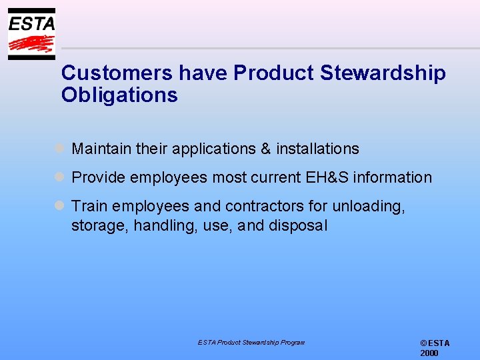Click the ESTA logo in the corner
(31, 34)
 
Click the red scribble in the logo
(31, 45)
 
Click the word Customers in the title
(111, 73)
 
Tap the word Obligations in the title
(119, 95)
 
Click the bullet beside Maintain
(59, 149)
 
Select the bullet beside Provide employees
(59, 177)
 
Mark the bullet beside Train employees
(59, 206)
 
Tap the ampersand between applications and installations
(266, 149)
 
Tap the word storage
(100, 225)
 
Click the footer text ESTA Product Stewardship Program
(251, 343)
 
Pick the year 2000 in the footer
(429, 353)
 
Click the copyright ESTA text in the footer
(435, 343)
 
